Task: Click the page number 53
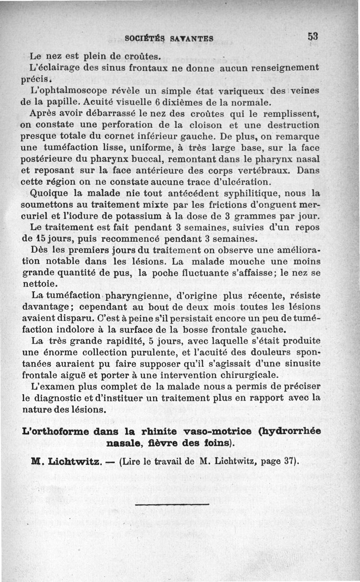tap(313, 37)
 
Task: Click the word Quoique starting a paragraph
tap(50, 194)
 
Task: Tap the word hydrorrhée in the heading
tap(290, 431)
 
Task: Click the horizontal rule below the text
tap(172, 504)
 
